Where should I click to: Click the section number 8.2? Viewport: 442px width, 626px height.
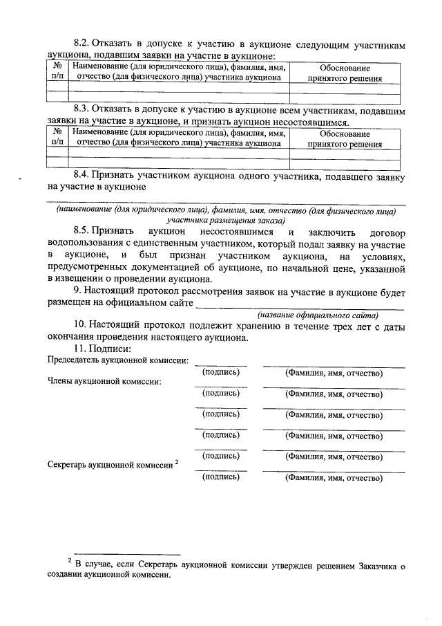click(x=83, y=44)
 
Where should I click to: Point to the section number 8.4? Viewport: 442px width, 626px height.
click(x=83, y=176)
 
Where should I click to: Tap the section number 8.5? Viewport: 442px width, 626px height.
click(x=83, y=231)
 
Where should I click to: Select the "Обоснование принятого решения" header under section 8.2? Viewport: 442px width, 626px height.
click(x=345, y=73)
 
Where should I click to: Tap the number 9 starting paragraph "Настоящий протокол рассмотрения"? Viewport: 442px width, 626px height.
click(x=77, y=291)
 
